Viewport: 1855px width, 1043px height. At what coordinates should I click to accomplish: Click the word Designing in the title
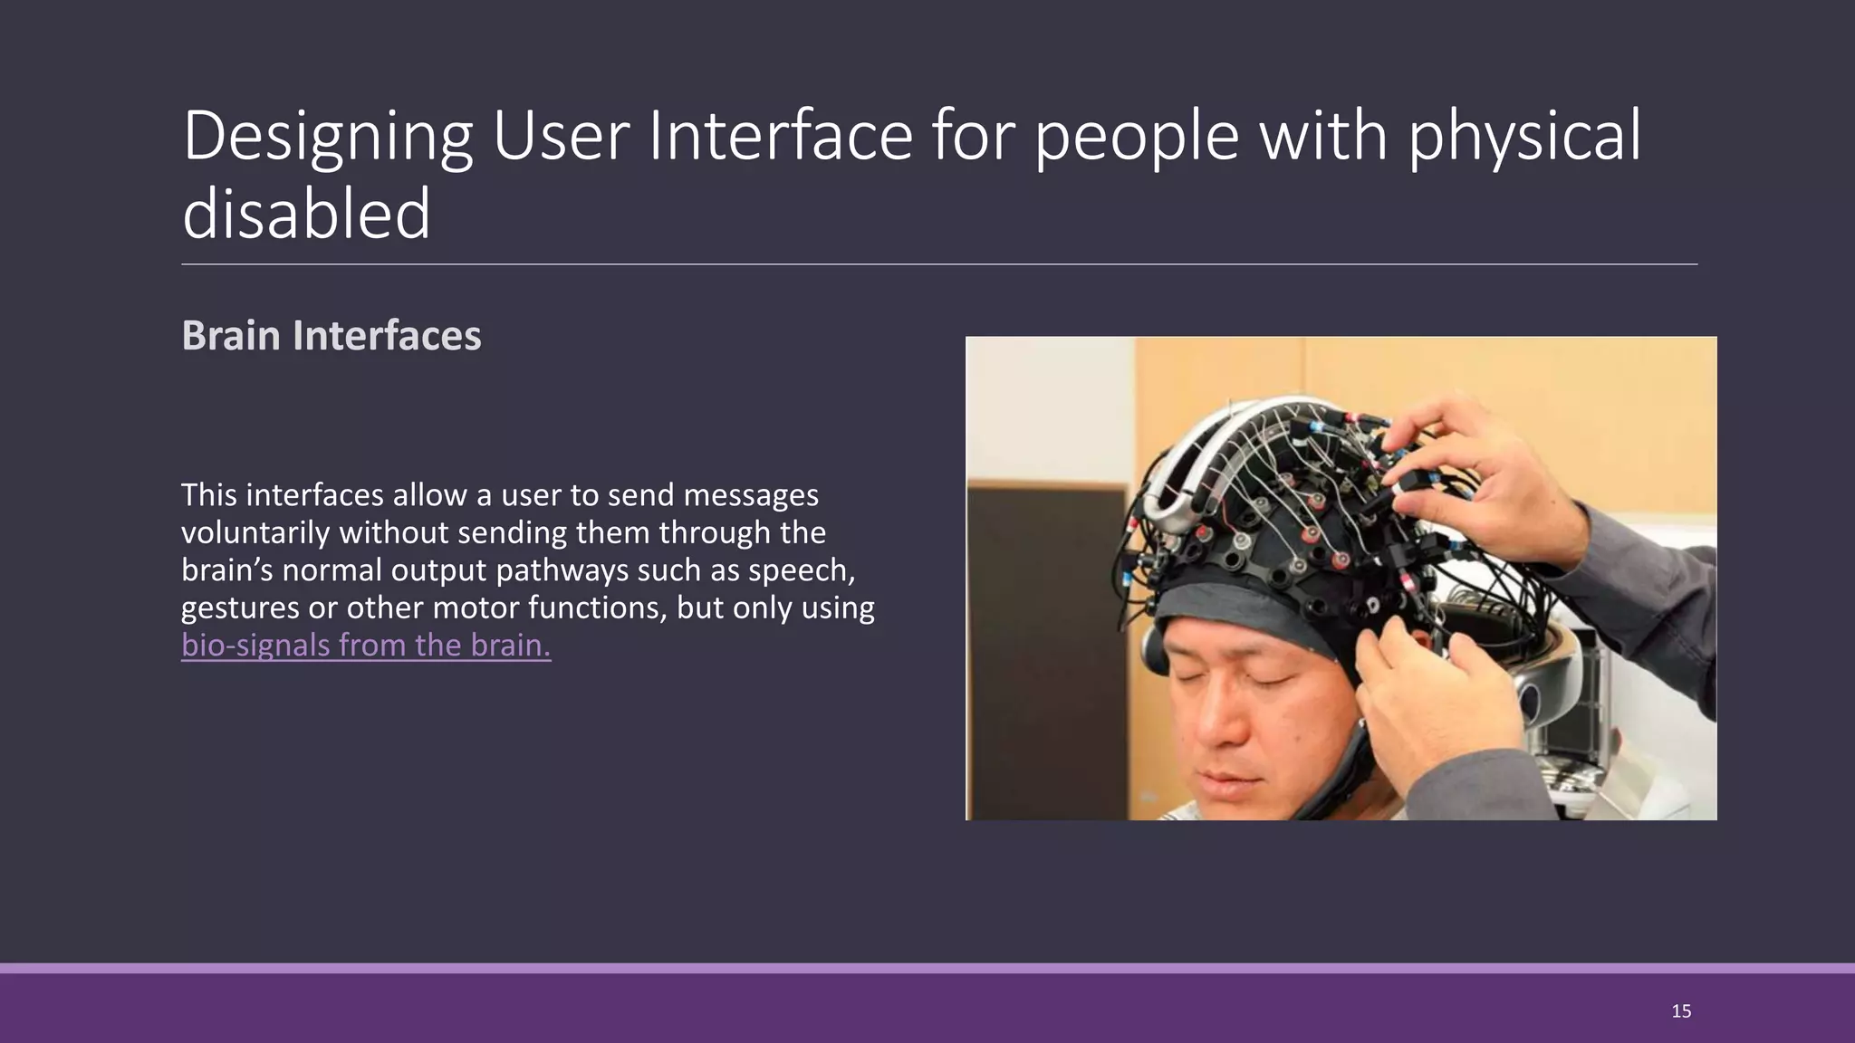point(327,137)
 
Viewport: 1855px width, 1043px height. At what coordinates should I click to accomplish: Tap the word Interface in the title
point(780,136)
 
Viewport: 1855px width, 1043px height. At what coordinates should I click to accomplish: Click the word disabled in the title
point(306,214)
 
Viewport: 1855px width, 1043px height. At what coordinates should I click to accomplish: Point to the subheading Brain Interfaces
point(332,336)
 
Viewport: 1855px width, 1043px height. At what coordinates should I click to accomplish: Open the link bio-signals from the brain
point(366,645)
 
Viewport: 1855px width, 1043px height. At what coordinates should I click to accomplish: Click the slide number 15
point(1681,1011)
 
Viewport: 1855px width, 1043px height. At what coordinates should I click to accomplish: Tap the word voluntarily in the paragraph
point(255,532)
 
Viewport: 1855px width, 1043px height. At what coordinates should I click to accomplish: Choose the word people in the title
point(1136,137)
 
